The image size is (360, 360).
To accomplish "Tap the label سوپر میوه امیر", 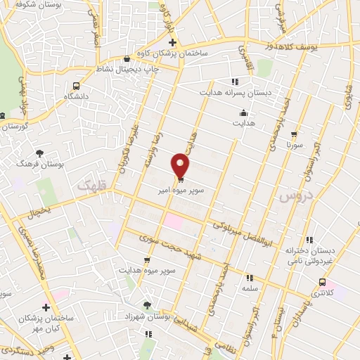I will coord(181,190).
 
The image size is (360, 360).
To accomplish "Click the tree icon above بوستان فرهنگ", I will coord(39,153).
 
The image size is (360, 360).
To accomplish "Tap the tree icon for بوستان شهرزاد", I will coord(146,304).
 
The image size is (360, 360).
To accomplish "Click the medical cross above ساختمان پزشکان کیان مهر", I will coord(46,308).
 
